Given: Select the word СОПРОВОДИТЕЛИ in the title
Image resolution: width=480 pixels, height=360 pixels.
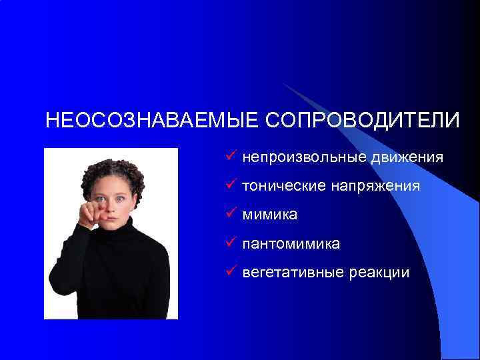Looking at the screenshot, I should (x=363, y=121).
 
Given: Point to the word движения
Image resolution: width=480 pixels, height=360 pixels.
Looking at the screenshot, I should (x=408, y=158).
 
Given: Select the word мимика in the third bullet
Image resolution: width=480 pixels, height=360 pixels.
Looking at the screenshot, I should (x=270, y=215).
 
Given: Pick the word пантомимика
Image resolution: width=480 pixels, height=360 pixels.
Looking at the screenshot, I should (x=291, y=244).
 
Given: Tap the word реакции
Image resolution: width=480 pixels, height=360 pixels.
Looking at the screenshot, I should (x=380, y=273).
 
